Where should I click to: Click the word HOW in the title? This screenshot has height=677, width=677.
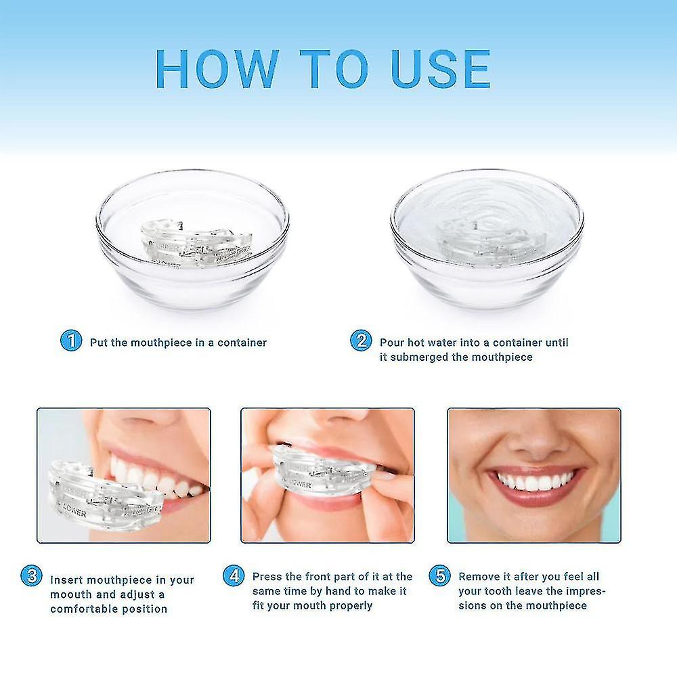coord(217,69)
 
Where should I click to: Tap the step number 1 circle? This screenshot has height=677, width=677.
coord(70,341)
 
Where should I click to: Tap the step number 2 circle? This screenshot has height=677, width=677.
coord(361,341)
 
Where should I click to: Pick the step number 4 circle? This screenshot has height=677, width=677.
coord(234,577)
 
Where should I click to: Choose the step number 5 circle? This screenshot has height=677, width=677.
coord(440,577)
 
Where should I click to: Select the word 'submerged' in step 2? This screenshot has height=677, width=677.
coord(419,357)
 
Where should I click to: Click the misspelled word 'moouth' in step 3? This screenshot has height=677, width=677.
coord(71,594)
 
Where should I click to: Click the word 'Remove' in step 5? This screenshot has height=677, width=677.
coord(479,577)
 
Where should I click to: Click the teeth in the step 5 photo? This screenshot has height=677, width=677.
coord(534,481)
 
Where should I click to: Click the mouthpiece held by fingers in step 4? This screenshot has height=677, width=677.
coord(318,474)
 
